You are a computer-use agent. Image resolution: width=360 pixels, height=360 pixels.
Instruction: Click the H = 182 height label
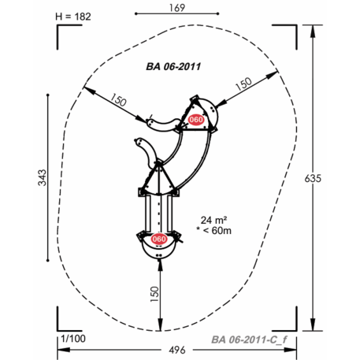[73, 17]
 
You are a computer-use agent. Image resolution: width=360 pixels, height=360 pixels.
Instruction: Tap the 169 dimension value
[177, 8]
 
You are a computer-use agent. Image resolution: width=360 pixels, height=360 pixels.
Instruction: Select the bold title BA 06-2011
[173, 66]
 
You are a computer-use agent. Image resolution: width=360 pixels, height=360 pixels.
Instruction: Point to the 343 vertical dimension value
[43, 177]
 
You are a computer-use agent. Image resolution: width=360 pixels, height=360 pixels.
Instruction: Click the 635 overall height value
[313, 179]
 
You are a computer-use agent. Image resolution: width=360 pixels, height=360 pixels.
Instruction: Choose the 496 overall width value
[177, 350]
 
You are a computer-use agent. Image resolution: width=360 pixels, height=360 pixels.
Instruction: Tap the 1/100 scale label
[73, 339]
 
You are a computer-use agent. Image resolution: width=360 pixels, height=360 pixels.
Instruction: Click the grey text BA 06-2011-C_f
[249, 340]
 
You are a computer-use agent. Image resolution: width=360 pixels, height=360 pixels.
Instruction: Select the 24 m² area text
[213, 220]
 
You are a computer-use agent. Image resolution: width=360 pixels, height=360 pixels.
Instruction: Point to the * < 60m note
[214, 231]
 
